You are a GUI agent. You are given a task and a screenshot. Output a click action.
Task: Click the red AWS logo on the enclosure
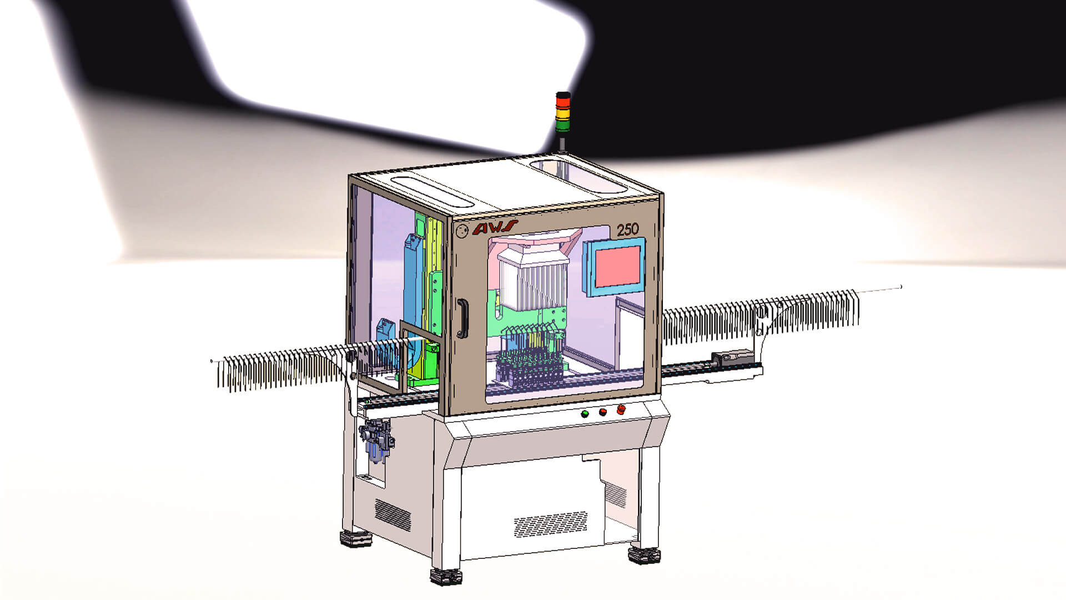pos(495,228)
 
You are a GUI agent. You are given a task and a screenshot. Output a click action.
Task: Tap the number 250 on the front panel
pos(627,229)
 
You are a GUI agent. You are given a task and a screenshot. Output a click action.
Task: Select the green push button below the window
pos(585,414)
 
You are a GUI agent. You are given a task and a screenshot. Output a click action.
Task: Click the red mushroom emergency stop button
pos(620,409)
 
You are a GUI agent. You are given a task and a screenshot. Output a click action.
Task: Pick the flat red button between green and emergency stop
pos(602,412)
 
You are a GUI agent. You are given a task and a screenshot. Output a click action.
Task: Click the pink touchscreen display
pos(617,267)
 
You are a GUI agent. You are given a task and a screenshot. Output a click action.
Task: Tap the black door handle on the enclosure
pos(461,318)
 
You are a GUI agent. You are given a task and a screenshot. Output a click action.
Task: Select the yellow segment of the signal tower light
pos(563,114)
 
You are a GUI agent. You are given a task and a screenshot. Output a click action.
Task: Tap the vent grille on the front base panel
pos(550,524)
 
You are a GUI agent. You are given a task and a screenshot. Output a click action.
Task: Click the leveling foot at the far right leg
pos(645,554)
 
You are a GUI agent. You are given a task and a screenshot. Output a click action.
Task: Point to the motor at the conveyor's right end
pos(733,356)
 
